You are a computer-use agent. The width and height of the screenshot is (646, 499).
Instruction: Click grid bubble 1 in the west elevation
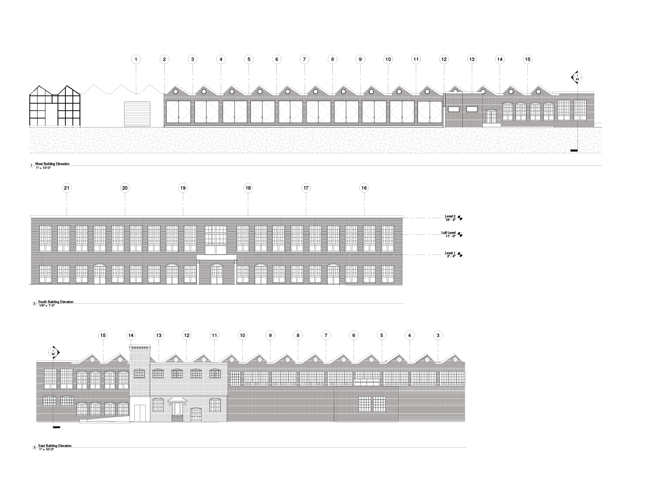[136, 59]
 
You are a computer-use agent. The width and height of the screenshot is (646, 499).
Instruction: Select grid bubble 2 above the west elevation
[164, 59]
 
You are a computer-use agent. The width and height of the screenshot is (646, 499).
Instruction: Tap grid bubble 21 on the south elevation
[67, 188]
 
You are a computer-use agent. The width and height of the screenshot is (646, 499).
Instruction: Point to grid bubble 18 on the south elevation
[248, 188]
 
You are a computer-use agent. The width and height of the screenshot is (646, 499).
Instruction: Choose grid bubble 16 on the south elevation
[364, 188]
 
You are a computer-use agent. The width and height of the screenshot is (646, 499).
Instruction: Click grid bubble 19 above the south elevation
[183, 188]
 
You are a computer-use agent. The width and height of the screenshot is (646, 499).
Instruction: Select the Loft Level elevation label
[449, 234]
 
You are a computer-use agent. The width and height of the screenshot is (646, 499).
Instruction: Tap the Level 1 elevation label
[450, 254]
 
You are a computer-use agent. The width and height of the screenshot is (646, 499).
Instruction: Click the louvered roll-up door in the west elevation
[137, 113]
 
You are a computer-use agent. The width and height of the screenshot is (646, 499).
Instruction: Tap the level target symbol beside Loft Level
[460, 234]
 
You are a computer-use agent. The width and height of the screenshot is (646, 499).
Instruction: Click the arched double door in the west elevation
[491, 117]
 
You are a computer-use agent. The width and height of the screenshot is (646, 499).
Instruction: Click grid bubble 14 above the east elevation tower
[131, 335]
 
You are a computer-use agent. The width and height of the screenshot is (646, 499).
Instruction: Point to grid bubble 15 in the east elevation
[103, 335]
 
